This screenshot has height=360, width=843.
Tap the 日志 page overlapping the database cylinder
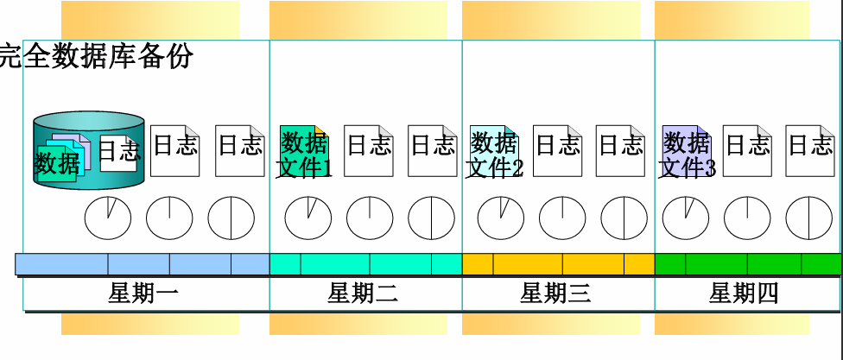pyautogui.click(x=118, y=152)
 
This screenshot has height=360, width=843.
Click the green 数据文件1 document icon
pyautogui.click(x=305, y=152)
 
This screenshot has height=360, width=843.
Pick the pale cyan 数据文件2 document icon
pyautogui.click(x=494, y=152)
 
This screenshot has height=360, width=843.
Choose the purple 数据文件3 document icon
pyautogui.click(x=686, y=152)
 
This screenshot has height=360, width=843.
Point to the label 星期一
pyautogui.click(x=143, y=294)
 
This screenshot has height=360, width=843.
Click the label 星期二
pyautogui.click(x=363, y=294)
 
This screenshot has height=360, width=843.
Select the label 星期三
pyautogui.click(x=555, y=294)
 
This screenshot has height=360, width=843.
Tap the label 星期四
pyautogui.click(x=744, y=294)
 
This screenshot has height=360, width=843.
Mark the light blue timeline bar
pyautogui.click(x=143, y=263)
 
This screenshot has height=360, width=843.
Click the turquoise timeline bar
pyautogui.click(x=365, y=263)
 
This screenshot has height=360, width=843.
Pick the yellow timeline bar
pyautogui.click(x=558, y=263)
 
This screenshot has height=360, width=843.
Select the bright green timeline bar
pyautogui.click(x=748, y=263)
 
